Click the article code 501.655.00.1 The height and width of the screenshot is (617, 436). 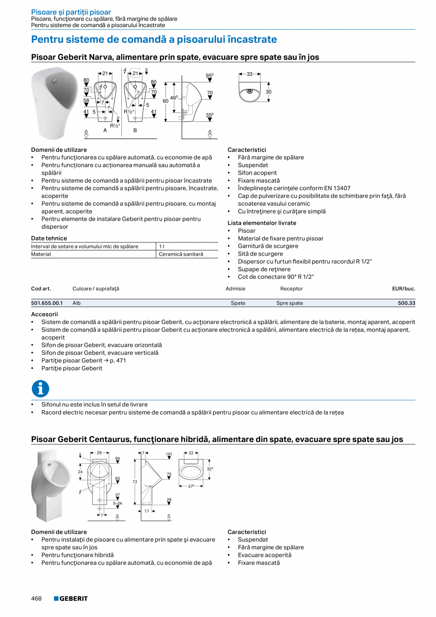tap(47, 303)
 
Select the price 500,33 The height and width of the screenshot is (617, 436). tap(406, 303)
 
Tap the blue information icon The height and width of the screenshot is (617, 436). tap(40, 389)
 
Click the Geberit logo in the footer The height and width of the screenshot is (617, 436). tap(71, 599)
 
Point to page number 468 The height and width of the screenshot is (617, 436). tap(36, 599)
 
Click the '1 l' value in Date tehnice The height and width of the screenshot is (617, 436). tap(161, 247)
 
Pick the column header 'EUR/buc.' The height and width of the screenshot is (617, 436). tap(403, 288)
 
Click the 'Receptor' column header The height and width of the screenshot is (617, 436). tap(291, 288)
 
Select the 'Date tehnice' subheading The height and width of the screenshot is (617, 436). tap(49, 238)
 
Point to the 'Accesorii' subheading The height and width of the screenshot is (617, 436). tap(45, 314)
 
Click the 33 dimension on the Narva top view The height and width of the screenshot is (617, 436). tap(249, 74)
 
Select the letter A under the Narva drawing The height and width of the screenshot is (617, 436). tap(105, 130)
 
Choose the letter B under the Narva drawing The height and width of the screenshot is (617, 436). tap(135, 130)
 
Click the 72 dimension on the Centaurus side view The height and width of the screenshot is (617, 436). tap(135, 482)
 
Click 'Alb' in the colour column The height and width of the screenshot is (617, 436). tap(77, 303)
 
